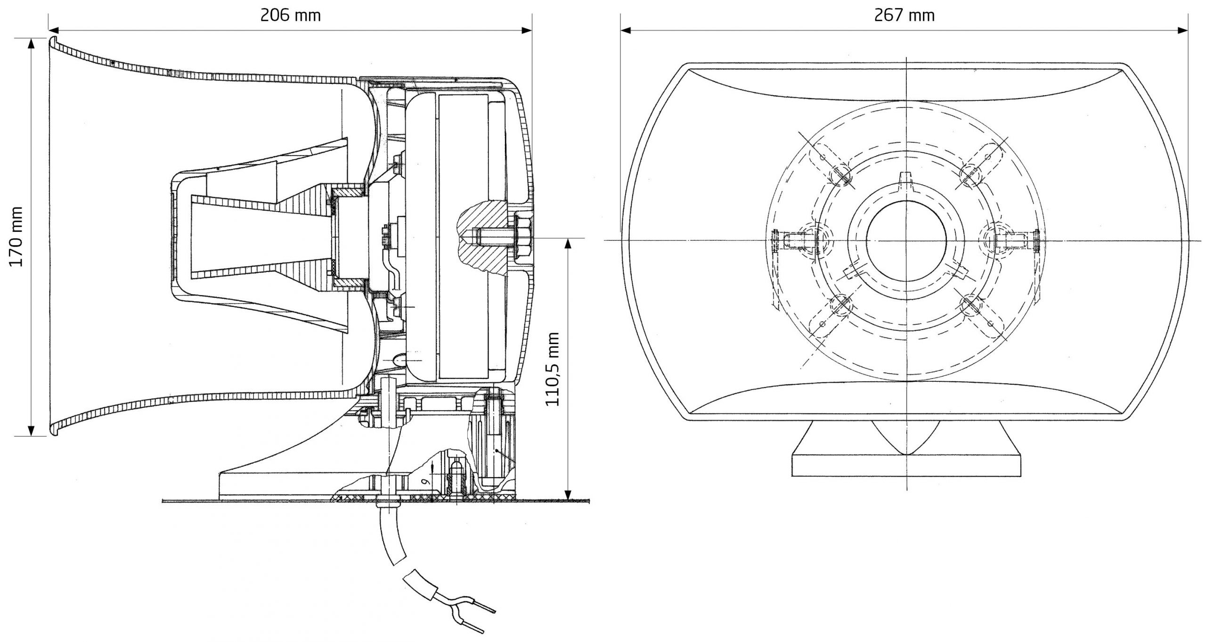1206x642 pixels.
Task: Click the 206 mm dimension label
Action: (290, 16)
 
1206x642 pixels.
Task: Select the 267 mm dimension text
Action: (904, 16)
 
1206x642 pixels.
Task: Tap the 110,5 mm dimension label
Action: (552, 369)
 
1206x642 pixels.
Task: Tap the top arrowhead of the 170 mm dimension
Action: (31, 43)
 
